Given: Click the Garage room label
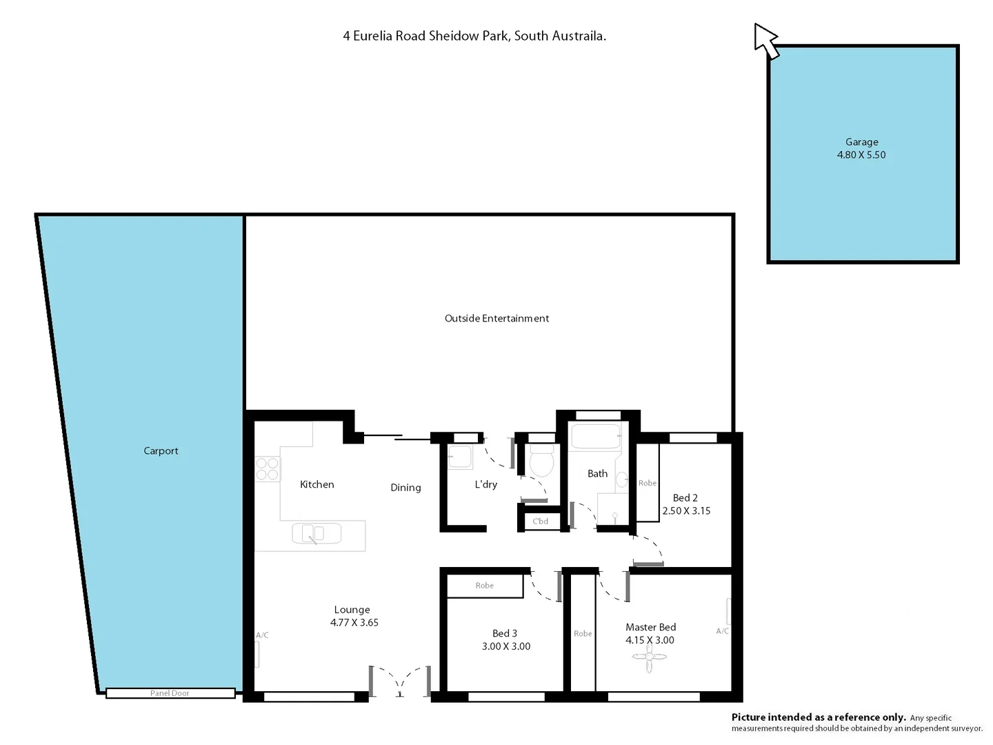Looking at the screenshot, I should pyautogui.click(x=861, y=142).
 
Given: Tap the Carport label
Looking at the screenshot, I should pyautogui.click(x=161, y=451).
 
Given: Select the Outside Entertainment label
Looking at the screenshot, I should pyautogui.click(x=496, y=319).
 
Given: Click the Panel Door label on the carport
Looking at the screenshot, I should pyautogui.click(x=170, y=693).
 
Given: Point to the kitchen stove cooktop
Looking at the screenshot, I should pyautogui.click(x=268, y=469).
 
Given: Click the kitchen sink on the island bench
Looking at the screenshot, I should pyautogui.click(x=317, y=533).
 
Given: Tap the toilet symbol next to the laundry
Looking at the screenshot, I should pyautogui.click(x=542, y=461).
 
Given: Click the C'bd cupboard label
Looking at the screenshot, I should pyautogui.click(x=541, y=521).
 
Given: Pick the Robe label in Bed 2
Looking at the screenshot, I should pyautogui.click(x=648, y=484).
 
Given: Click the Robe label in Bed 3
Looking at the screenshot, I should pyautogui.click(x=485, y=586).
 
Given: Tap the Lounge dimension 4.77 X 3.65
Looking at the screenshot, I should pyautogui.click(x=354, y=623).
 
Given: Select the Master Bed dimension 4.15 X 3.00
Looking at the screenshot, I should pyautogui.click(x=650, y=640).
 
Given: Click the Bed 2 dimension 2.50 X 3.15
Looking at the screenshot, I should pyautogui.click(x=686, y=511).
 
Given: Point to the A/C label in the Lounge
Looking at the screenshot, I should pyautogui.click(x=262, y=635).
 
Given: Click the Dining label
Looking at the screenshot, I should pyautogui.click(x=405, y=488).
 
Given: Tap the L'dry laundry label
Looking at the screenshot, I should pyautogui.click(x=485, y=485).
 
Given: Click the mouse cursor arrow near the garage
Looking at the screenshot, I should pyautogui.click(x=764, y=39).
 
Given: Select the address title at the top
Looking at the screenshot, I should pyautogui.click(x=474, y=36).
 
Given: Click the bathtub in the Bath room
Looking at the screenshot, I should pyautogui.click(x=595, y=437).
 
